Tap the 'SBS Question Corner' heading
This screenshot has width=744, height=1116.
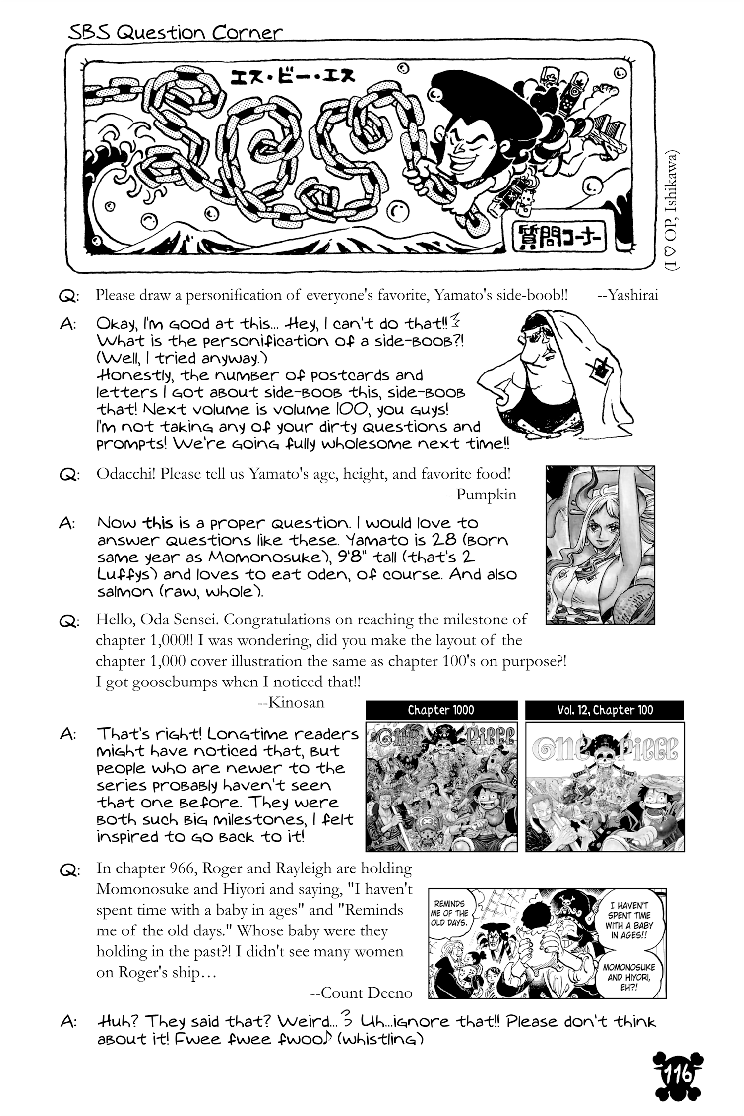click(x=175, y=33)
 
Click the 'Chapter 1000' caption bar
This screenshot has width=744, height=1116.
click(x=441, y=710)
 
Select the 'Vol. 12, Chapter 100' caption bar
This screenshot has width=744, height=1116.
click(x=605, y=710)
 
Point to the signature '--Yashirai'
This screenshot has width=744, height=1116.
click(x=628, y=295)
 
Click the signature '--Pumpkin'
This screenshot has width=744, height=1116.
click(x=481, y=494)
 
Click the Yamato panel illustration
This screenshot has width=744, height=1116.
click(x=600, y=545)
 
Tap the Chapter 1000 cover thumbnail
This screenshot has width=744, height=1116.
click(x=441, y=787)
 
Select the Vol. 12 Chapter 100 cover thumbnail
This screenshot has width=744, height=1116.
click(x=605, y=787)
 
